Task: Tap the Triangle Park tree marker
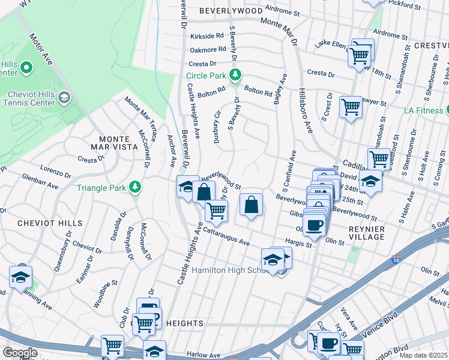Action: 136,187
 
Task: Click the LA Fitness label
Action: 423,110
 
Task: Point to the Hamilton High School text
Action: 229,271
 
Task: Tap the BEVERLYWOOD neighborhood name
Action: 231,11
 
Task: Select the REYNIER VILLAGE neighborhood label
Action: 358,233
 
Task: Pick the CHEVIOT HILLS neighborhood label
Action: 41,223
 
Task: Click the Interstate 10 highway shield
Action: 396,259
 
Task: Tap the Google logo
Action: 20,352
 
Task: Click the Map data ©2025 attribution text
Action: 424,355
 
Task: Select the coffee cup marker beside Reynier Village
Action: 315,224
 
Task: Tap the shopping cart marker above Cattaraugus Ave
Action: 215,210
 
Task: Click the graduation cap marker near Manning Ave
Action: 20,277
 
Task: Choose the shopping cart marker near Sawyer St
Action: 351,107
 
